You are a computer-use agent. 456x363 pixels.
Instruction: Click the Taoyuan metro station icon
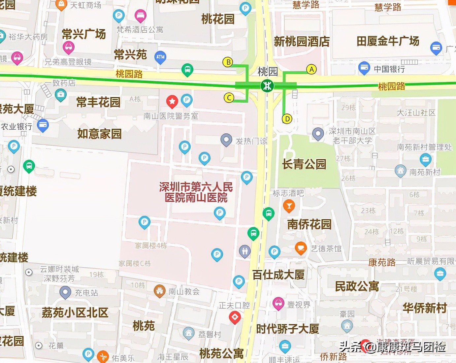(x=267, y=86)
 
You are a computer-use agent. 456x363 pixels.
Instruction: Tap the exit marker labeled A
(x=311, y=69)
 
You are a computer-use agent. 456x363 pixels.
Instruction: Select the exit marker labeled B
(x=228, y=62)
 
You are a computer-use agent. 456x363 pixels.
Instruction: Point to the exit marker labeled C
(x=229, y=97)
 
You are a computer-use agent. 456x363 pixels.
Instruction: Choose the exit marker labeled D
(x=287, y=119)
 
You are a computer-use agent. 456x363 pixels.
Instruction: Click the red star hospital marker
(x=172, y=101)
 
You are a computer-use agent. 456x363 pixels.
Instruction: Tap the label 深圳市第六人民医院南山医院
(x=196, y=192)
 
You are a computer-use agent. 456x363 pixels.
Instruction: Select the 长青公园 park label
(x=304, y=164)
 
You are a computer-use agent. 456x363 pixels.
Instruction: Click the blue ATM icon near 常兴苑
(x=160, y=57)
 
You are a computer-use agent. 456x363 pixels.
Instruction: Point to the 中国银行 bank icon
(x=364, y=68)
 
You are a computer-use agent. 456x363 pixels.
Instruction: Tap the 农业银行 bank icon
(x=43, y=125)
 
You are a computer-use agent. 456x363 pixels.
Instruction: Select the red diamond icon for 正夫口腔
(x=235, y=317)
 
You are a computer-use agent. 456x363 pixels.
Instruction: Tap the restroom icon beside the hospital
(x=244, y=251)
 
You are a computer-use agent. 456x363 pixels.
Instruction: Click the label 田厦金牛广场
(x=388, y=41)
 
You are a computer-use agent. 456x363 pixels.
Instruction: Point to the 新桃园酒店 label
(x=302, y=42)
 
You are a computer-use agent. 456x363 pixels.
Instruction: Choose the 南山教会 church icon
(x=160, y=291)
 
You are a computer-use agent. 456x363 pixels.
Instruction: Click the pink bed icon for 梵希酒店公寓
(x=141, y=15)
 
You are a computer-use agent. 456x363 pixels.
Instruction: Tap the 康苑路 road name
(x=382, y=262)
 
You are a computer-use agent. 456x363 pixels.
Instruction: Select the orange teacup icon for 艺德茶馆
(x=301, y=248)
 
